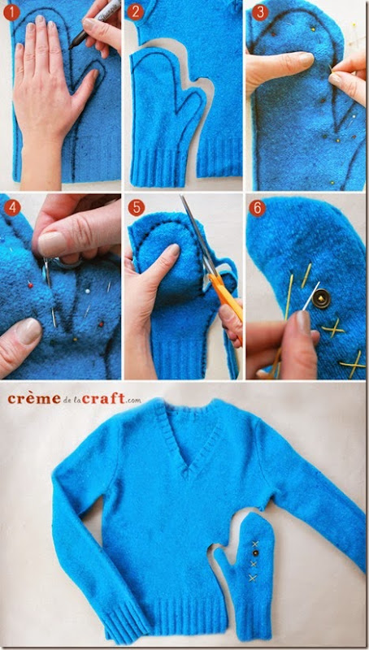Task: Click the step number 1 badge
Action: point(11,13)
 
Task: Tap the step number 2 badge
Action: point(135,13)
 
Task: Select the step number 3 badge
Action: point(260,12)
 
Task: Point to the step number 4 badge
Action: point(12,208)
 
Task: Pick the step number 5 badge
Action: point(136,207)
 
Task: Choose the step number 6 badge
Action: point(257,208)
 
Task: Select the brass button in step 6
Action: point(322,299)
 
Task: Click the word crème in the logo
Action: point(34,398)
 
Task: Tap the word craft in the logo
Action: point(104,398)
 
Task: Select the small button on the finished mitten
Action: point(256,552)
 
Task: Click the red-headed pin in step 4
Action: point(30,284)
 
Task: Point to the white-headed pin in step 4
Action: point(88,291)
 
